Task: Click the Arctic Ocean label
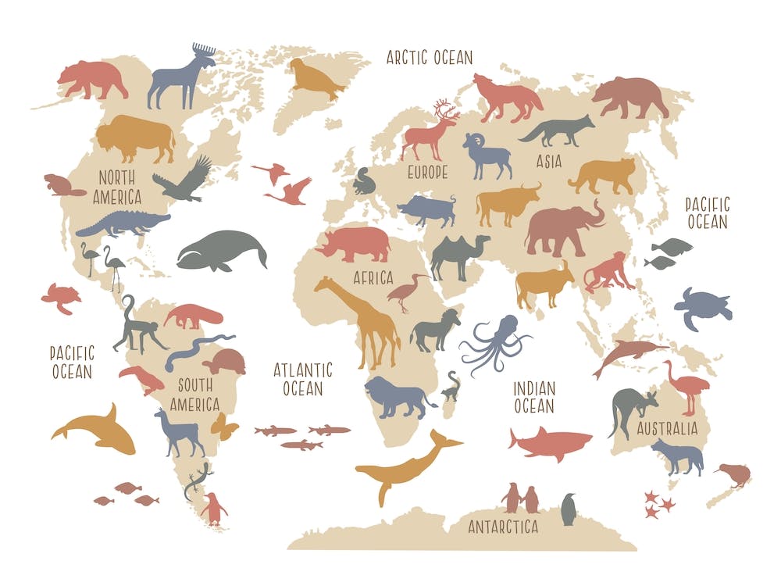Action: coord(430,57)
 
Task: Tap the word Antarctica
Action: coord(503,527)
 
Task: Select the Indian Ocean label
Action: coord(534,397)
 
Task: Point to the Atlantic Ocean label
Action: coord(303,378)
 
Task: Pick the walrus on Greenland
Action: coord(313,79)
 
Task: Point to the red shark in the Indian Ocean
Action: coord(550,443)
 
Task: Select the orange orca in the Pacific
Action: coord(98,431)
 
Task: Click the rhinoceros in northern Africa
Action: coord(356,245)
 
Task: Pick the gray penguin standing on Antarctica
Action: coord(569,510)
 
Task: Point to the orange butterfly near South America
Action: coord(224,426)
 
